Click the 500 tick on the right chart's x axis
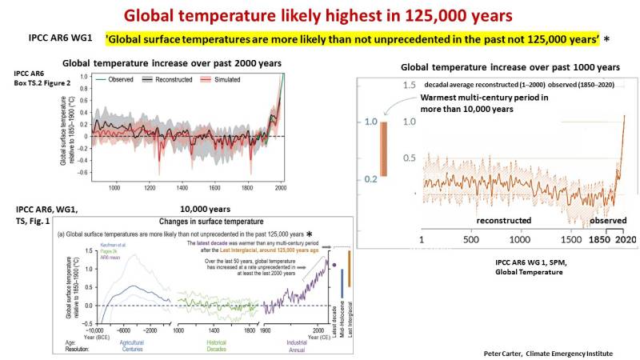pos(470,238)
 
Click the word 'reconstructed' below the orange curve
pos(510,219)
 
